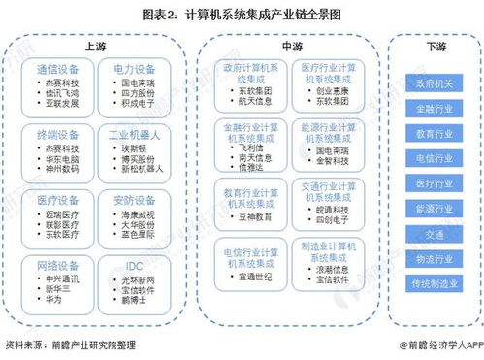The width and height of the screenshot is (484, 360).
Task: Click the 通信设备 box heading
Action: (56, 69)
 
